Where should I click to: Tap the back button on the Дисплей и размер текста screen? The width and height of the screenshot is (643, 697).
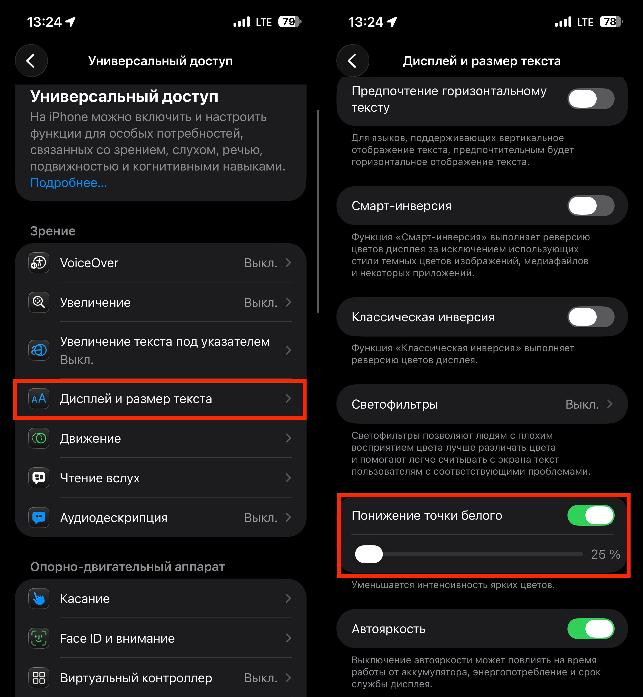click(x=352, y=61)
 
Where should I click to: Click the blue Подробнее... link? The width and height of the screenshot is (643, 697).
click(x=69, y=183)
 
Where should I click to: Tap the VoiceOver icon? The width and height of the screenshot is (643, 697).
click(x=39, y=263)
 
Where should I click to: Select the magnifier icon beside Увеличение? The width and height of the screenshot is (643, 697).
click(x=39, y=302)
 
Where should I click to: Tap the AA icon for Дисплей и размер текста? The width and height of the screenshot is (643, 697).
click(x=39, y=398)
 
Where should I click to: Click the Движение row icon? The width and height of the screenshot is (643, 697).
click(x=39, y=438)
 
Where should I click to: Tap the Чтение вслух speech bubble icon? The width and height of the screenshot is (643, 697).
click(x=39, y=478)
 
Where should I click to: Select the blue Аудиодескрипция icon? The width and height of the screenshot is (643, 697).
click(x=39, y=518)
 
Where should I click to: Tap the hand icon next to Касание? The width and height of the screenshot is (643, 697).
click(x=39, y=599)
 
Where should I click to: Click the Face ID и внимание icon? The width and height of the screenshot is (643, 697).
click(x=39, y=638)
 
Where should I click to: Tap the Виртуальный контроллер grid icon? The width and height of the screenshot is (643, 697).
click(x=39, y=678)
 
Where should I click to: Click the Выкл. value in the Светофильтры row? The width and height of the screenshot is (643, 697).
click(x=582, y=404)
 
